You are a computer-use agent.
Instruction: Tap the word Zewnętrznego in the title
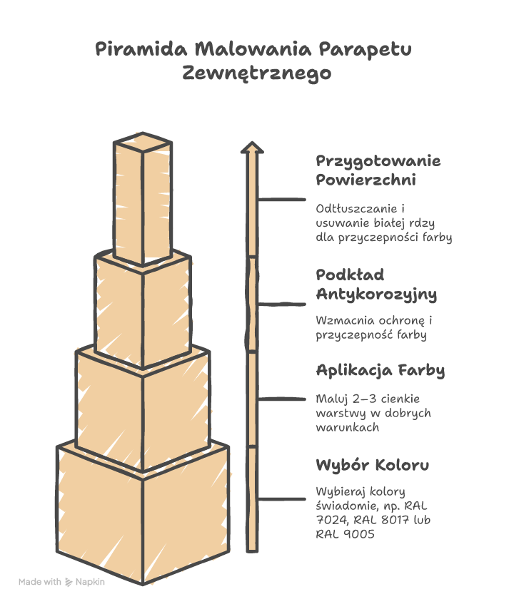pos(257,73)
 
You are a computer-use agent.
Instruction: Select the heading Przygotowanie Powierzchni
pos(378,170)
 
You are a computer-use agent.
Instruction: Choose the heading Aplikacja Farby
pos(380,371)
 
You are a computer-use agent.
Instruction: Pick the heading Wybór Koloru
pos(372,466)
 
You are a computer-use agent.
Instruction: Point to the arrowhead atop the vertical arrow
pos(251,148)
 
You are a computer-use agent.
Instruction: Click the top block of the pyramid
pos(143,200)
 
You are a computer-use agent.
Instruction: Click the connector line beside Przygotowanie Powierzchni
pos(281,200)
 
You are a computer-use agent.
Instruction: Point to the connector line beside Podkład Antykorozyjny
pos(281,304)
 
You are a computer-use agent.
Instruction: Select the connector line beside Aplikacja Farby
pos(281,398)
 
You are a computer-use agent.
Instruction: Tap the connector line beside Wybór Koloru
pos(281,499)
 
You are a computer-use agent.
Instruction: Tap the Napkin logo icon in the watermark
pos(69,582)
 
